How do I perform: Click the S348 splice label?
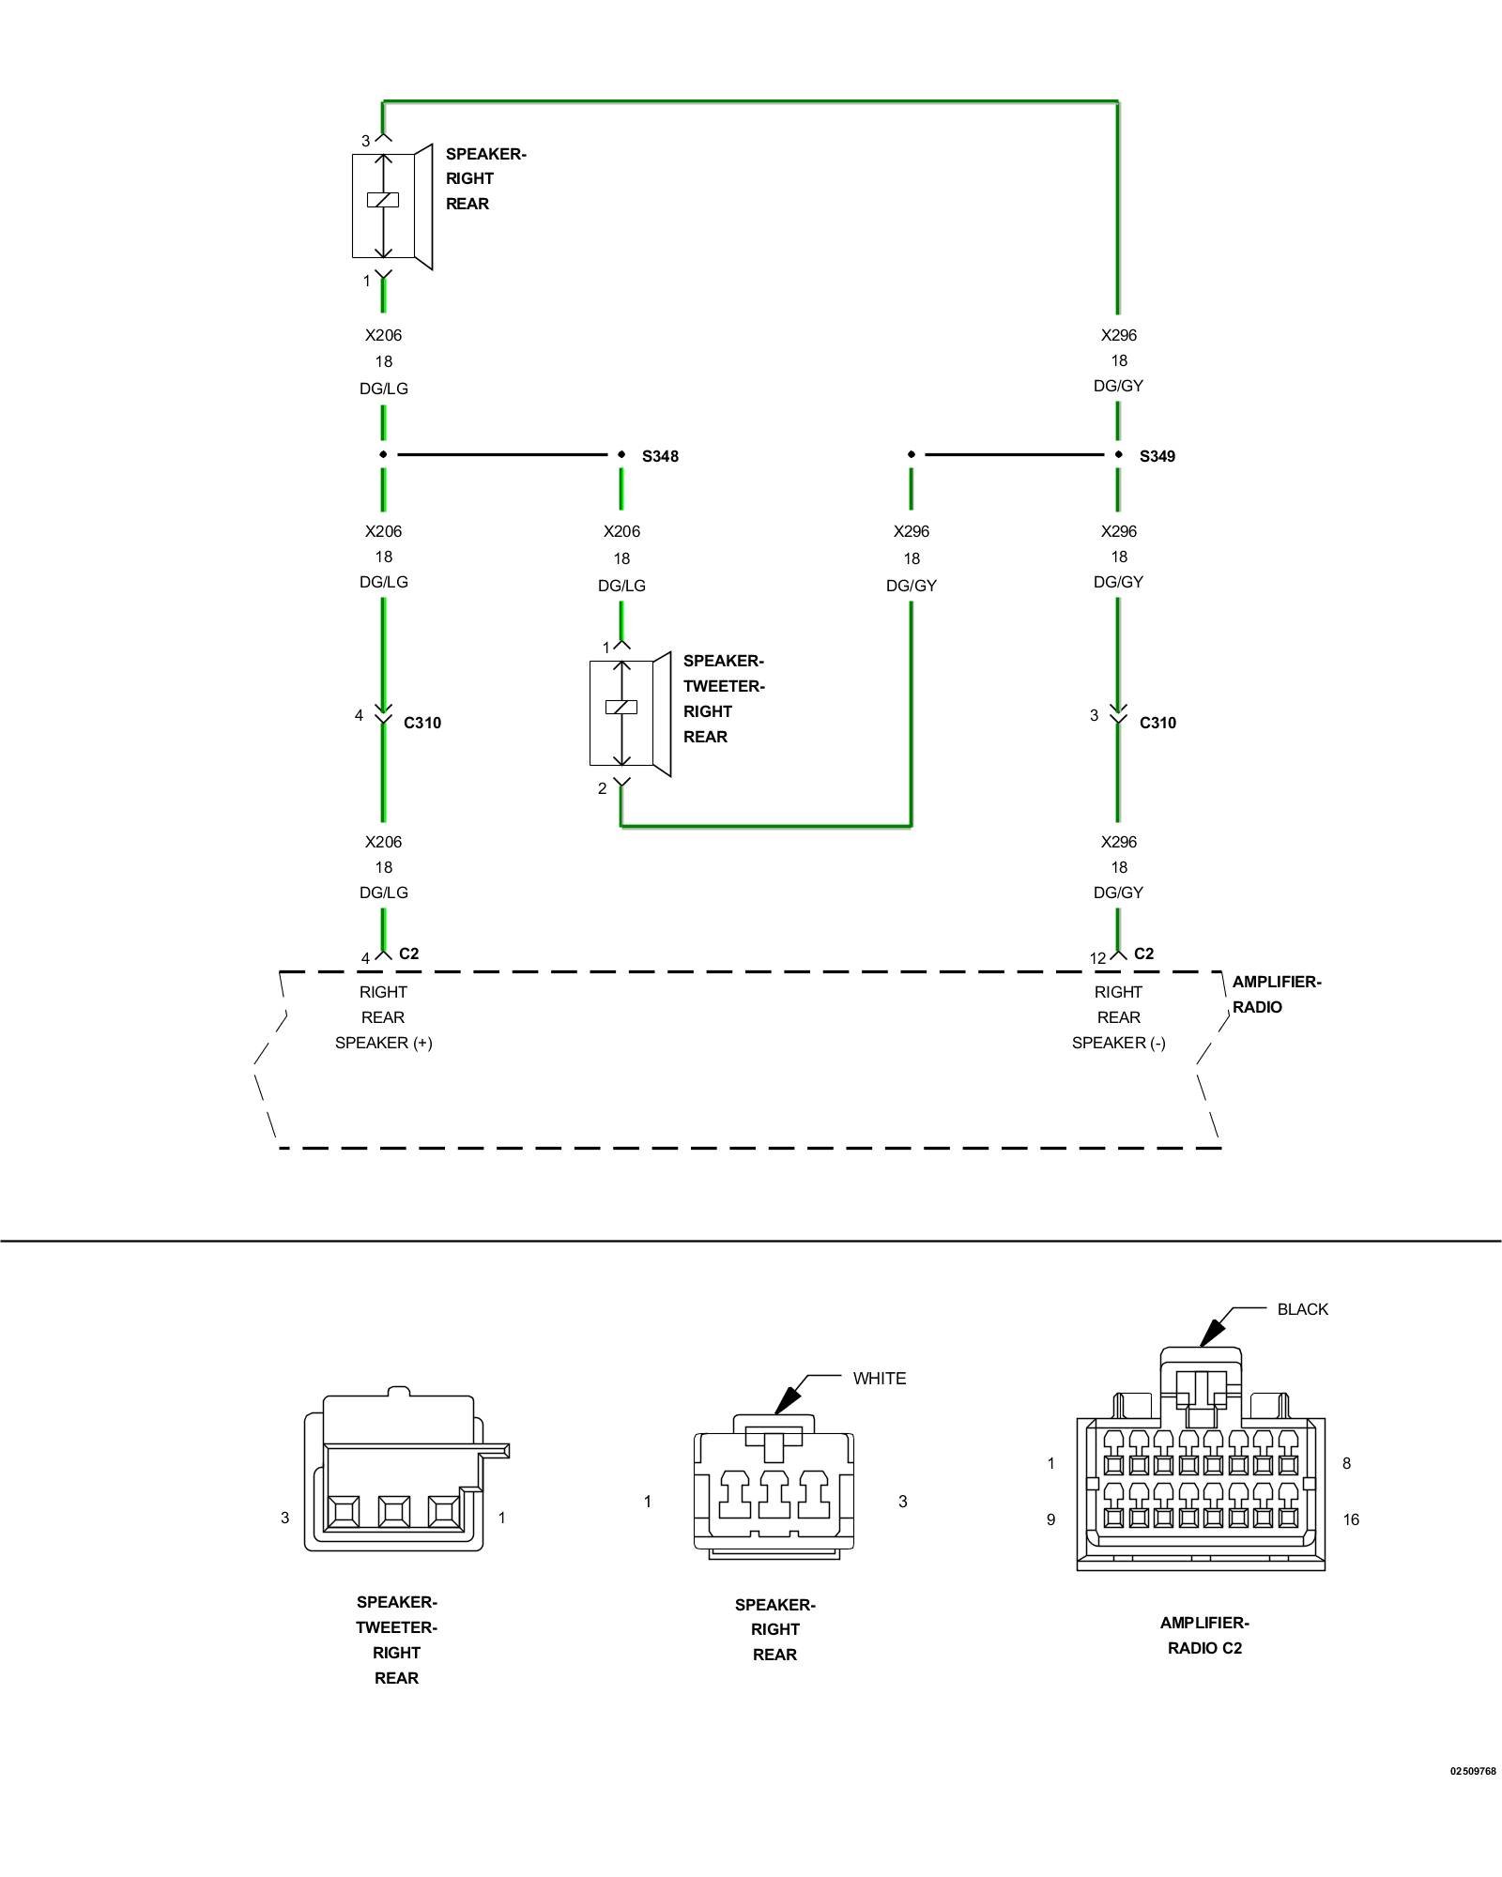(x=660, y=456)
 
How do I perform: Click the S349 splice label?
(x=1157, y=456)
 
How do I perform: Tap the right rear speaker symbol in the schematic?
(x=392, y=206)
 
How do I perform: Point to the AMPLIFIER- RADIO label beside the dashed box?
(x=1277, y=995)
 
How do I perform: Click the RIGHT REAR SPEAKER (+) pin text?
(x=384, y=1017)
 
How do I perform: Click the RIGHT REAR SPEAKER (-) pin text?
(x=1119, y=1017)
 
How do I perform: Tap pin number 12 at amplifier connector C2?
(x=1097, y=958)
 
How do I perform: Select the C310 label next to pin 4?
(x=422, y=723)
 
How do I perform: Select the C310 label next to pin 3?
(x=1157, y=723)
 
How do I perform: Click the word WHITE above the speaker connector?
(x=880, y=1379)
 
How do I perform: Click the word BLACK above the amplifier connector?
(x=1303, y=1309)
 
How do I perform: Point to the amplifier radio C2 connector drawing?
(x=1201, y=1458)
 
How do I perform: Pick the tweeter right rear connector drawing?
(x=406, y=1469)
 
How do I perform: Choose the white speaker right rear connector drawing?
(x=774, y=1487)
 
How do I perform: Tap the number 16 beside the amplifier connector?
(x=1351, y=1519)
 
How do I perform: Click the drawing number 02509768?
(x=1473, y=1772)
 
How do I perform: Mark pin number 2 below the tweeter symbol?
(x=603, y=788)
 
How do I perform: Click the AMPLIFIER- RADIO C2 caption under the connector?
(x=1204, y=1635)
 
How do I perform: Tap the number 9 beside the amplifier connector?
(x=1051, y=1519)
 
